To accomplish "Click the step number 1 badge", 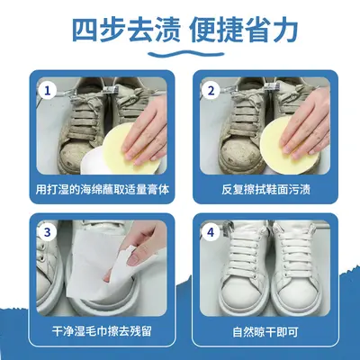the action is pyautogui.click(x=47, y=90).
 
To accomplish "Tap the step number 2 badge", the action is pyautogui.click(x=211, y=90).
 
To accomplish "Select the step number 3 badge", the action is pyautogui.click(x=47, y=232).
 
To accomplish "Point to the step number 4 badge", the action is pyautogui.click(x=211, y=232).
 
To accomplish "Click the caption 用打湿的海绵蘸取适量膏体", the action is pyautogui.click(x=103, y=189).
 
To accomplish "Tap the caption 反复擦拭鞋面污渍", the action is pyautogui.click(x=265, y=189).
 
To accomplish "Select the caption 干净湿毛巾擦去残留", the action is pyautogui.click(x=102, y=331).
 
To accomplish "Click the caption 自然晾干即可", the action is pyautogui.click(x=265, y=331).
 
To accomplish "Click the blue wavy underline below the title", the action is pyautogui.click(x=186, y=54).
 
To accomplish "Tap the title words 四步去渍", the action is pyautogui.click(x=126, y=31).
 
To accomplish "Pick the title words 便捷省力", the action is pyautogui.click(x=244, y=31).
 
